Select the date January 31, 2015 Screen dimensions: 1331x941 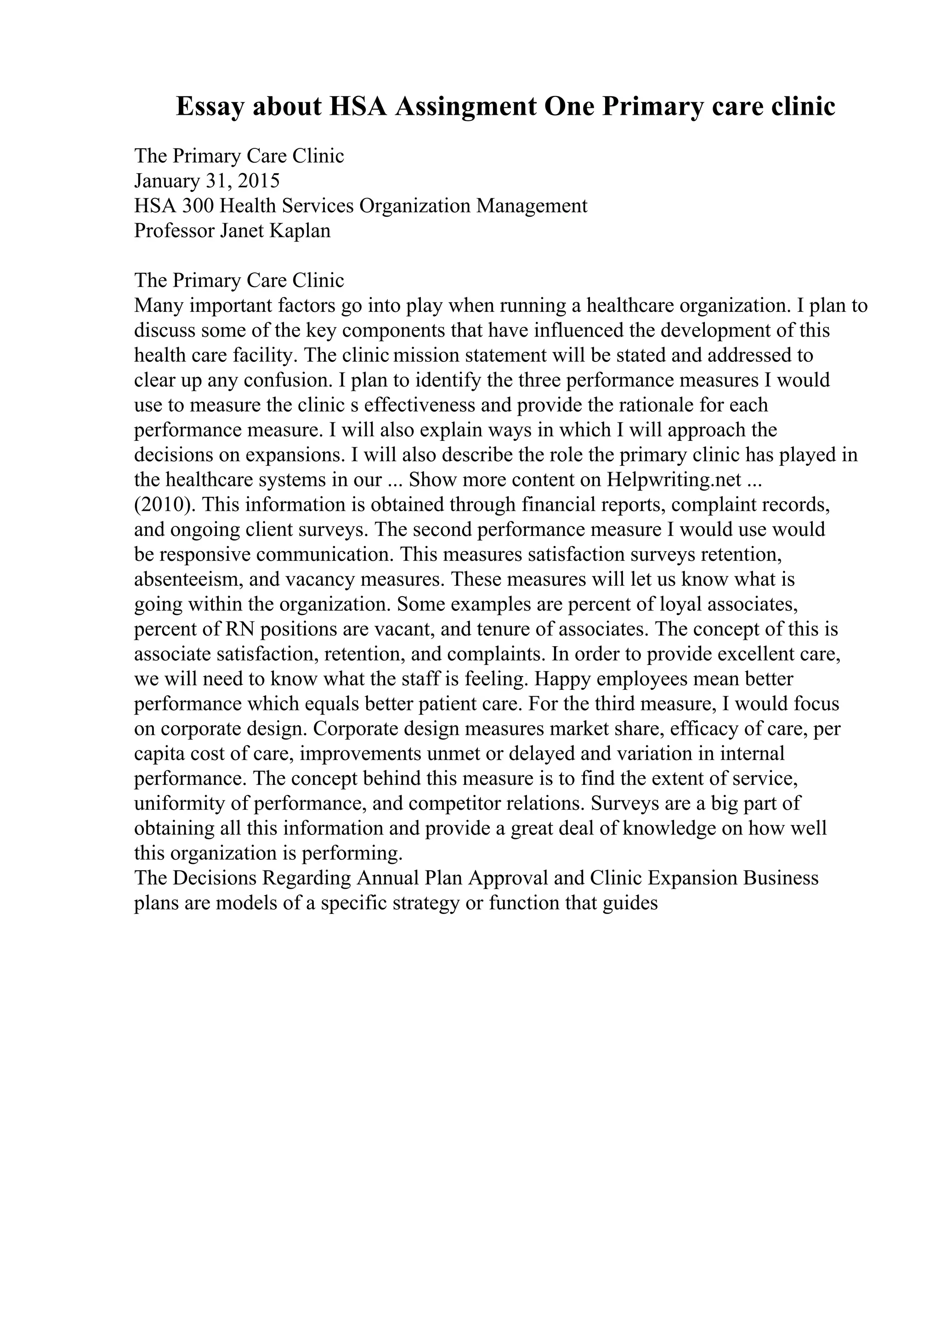(207, 181)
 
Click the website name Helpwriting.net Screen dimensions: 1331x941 (675, 480)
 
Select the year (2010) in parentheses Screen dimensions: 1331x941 (164, 505)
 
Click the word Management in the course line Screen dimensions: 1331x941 (532, 206)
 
